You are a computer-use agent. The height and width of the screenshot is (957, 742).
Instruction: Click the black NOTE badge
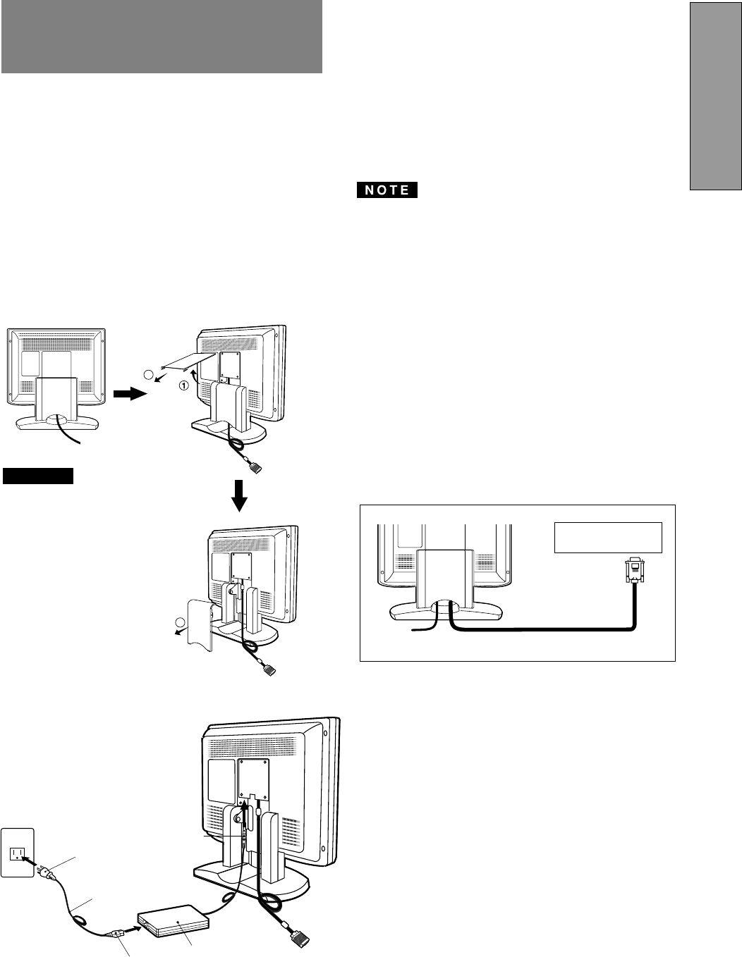(x=387, y=190)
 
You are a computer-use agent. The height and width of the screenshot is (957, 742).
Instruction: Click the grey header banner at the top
(x=162, y=37)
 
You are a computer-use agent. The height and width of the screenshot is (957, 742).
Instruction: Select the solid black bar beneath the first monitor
(x=38, y=476)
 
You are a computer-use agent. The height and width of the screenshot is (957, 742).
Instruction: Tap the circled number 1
(x=183, y=385)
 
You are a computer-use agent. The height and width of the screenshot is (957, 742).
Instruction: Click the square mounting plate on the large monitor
(x=253, y=776)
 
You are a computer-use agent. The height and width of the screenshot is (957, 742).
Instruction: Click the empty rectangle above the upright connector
(x=608, y=538)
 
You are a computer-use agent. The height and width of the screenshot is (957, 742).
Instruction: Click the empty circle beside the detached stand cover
(x=181, y=622)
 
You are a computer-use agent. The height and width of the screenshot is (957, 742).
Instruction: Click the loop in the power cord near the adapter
(x=80, y=920)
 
